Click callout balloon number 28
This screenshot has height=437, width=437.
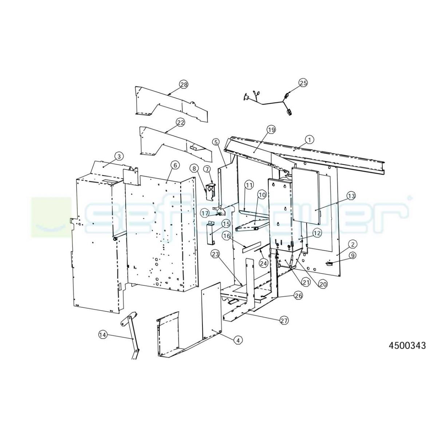(184, 85)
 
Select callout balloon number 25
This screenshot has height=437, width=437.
(303, 83)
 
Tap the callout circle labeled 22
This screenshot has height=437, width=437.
(181, 123)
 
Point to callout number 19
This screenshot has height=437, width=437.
(271, 130)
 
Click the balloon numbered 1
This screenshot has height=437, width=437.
(310, 140)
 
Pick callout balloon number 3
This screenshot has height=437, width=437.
(119, 156)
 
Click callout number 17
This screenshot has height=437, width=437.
(205, 213)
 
